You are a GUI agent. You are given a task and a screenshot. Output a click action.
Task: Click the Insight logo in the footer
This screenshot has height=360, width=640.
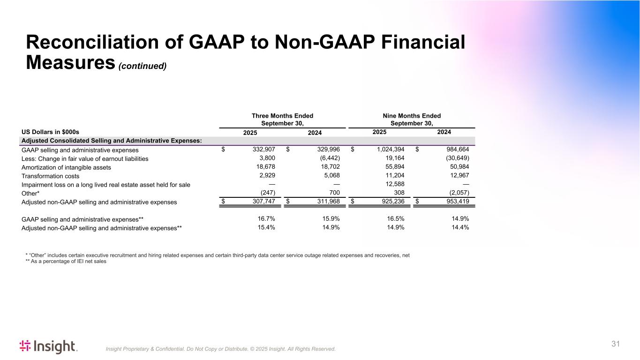coord(48,346)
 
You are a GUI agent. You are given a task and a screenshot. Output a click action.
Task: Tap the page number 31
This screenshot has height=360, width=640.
coord(616,344)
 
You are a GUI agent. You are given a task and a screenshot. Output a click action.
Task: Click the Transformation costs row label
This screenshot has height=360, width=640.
coord(51,176)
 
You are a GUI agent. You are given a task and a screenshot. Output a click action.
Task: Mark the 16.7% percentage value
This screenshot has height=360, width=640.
coord(265,219)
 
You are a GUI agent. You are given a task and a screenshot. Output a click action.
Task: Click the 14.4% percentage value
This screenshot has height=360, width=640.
coord(459,228)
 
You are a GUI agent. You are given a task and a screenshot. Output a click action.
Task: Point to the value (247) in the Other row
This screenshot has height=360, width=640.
coord(267,193)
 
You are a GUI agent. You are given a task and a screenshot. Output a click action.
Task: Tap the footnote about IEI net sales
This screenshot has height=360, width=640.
coord(66,262)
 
